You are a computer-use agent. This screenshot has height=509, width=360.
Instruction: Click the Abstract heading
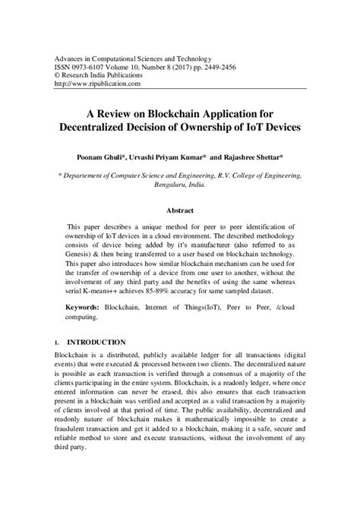pos(179,210)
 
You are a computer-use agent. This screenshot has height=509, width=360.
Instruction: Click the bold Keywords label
pos(82,308)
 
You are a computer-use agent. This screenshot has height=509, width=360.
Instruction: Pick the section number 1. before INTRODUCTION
pos(58,343)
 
